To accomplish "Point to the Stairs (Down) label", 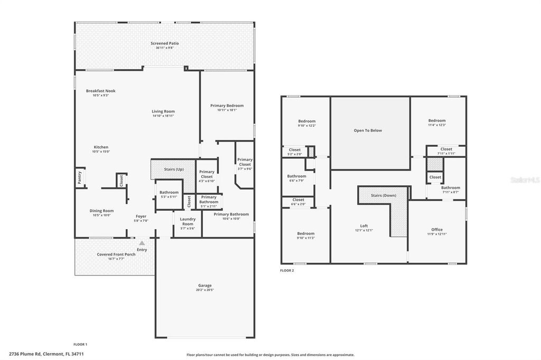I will click(383, 195).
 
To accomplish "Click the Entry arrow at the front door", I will click(142, 243).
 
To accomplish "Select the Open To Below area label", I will click(368, 130).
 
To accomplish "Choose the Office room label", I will click(437, 230).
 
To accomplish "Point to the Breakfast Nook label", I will click(100, 91).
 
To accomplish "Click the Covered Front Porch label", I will click(116, 254).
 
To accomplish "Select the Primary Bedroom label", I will click(227, 106).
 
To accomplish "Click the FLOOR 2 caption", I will click(287, 270).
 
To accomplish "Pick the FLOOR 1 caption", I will click(80, 344).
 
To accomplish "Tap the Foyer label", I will click(141, 216).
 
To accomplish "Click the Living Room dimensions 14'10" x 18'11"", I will click(163, 116).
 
